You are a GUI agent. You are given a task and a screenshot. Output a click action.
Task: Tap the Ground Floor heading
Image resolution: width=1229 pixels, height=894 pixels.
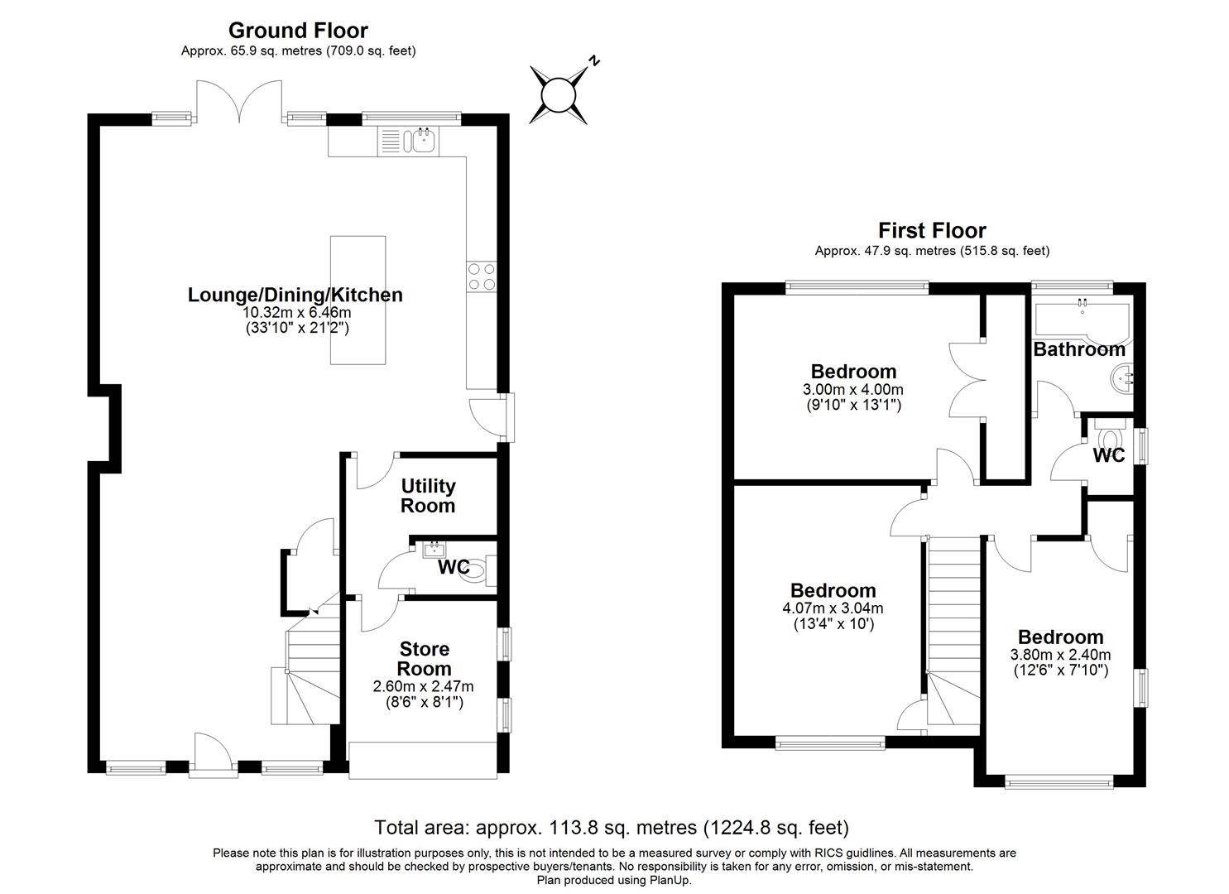point(298,31)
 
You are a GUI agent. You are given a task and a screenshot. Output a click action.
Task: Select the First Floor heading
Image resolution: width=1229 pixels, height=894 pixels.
point(932,230)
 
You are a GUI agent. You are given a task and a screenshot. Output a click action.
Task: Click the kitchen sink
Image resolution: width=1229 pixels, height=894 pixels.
point(421,142)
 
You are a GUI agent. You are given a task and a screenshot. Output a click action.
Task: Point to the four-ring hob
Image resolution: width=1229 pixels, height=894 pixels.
point(482,276)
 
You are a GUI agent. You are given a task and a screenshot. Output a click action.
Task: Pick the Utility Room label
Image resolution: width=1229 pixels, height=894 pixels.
point(428,496)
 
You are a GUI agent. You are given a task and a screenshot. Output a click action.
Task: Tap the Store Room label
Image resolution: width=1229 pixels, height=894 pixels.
point(425,659)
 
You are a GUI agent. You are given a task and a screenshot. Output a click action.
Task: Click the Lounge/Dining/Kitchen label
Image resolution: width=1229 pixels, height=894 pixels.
point(295,295)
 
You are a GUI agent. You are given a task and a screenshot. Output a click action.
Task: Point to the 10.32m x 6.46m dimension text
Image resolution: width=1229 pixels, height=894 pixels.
point(296,313)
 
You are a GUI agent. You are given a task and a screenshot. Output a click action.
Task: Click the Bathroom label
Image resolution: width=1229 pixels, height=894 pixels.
point(1079,349)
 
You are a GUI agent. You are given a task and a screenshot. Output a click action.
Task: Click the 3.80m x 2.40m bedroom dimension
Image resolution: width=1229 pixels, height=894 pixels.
point(1060,654)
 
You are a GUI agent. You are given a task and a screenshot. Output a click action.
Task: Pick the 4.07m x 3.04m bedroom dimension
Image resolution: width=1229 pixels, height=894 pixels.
point(833,608)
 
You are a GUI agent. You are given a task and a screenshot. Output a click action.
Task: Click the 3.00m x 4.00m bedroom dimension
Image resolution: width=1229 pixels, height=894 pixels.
point(853,389)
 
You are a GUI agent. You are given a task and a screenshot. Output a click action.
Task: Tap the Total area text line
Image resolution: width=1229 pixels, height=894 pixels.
point(612,827)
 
